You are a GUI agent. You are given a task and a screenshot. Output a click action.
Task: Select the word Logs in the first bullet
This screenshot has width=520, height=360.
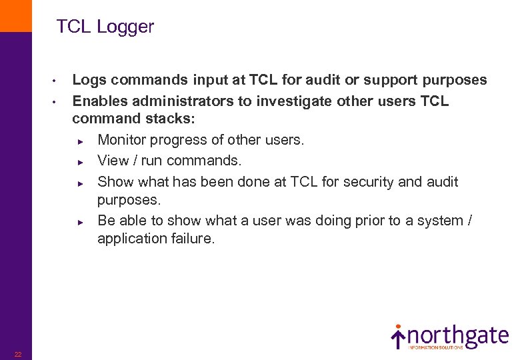[89, 81]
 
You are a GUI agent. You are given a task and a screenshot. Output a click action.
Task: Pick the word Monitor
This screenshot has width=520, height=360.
[121, 141]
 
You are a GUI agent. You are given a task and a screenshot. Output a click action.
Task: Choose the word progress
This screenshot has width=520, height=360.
[176, 141]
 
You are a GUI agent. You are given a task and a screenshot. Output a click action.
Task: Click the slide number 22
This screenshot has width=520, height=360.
[18, 354]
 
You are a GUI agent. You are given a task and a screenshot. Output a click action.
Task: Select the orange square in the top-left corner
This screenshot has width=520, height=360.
[15, 15]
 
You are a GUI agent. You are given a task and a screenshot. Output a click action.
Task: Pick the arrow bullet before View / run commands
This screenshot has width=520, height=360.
[79, 162]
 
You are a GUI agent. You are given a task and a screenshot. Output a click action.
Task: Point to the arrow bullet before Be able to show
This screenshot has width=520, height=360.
[79, 221]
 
